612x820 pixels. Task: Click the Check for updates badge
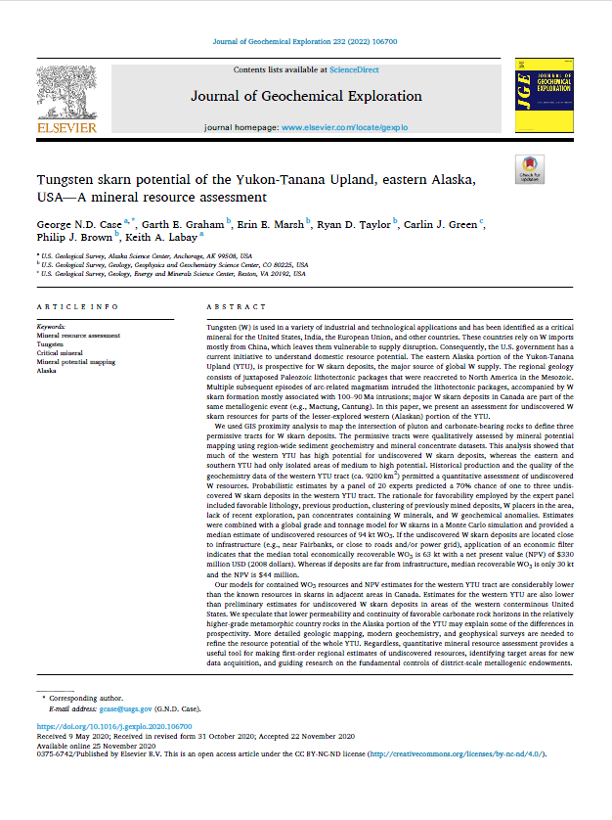click(530, 169)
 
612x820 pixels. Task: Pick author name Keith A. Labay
click(164, 236)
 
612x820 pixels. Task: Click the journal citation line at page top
click(305, 43)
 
